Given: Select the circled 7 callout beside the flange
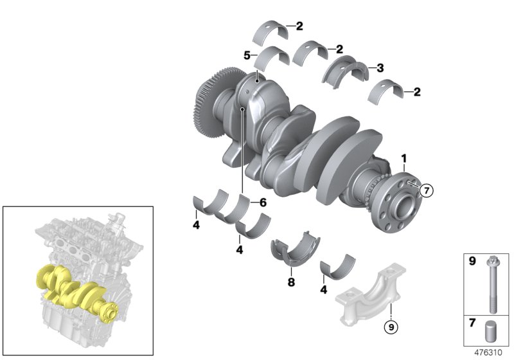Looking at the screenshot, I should (x=428, y=189).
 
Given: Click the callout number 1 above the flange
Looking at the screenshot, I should (x=404, y=158).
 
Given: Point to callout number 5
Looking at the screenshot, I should (x=246, y=56).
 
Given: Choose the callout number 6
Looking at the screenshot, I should (x=262, y=202).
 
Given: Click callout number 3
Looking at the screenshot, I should (x=380, y=67).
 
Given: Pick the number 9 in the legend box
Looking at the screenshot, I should (x=470, y=262).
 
